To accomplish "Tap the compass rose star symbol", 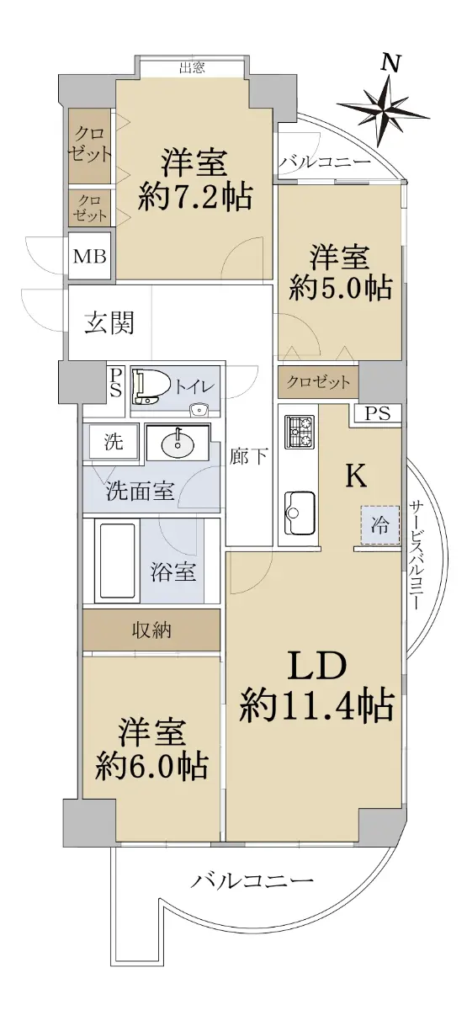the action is coord(383,111).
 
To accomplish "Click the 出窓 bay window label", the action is coord(193,67).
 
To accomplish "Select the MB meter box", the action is coord(90,257).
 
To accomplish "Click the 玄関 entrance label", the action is coord(109,323).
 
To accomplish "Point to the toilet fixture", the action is coord(150,387).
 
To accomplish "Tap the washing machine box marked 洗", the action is coord(114,441).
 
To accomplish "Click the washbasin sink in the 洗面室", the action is coord(178,444).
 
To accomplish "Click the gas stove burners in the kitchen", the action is coord(299,431).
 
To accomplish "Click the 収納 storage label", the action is coord(151,630).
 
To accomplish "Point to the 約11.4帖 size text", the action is coord(317,705).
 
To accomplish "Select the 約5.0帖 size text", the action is coord(340,287).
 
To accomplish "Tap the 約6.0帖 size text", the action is coord(151,765).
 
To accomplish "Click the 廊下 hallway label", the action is coord(248,457).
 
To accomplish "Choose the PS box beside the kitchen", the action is coord(377,413).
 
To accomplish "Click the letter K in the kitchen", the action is coord(356,475).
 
